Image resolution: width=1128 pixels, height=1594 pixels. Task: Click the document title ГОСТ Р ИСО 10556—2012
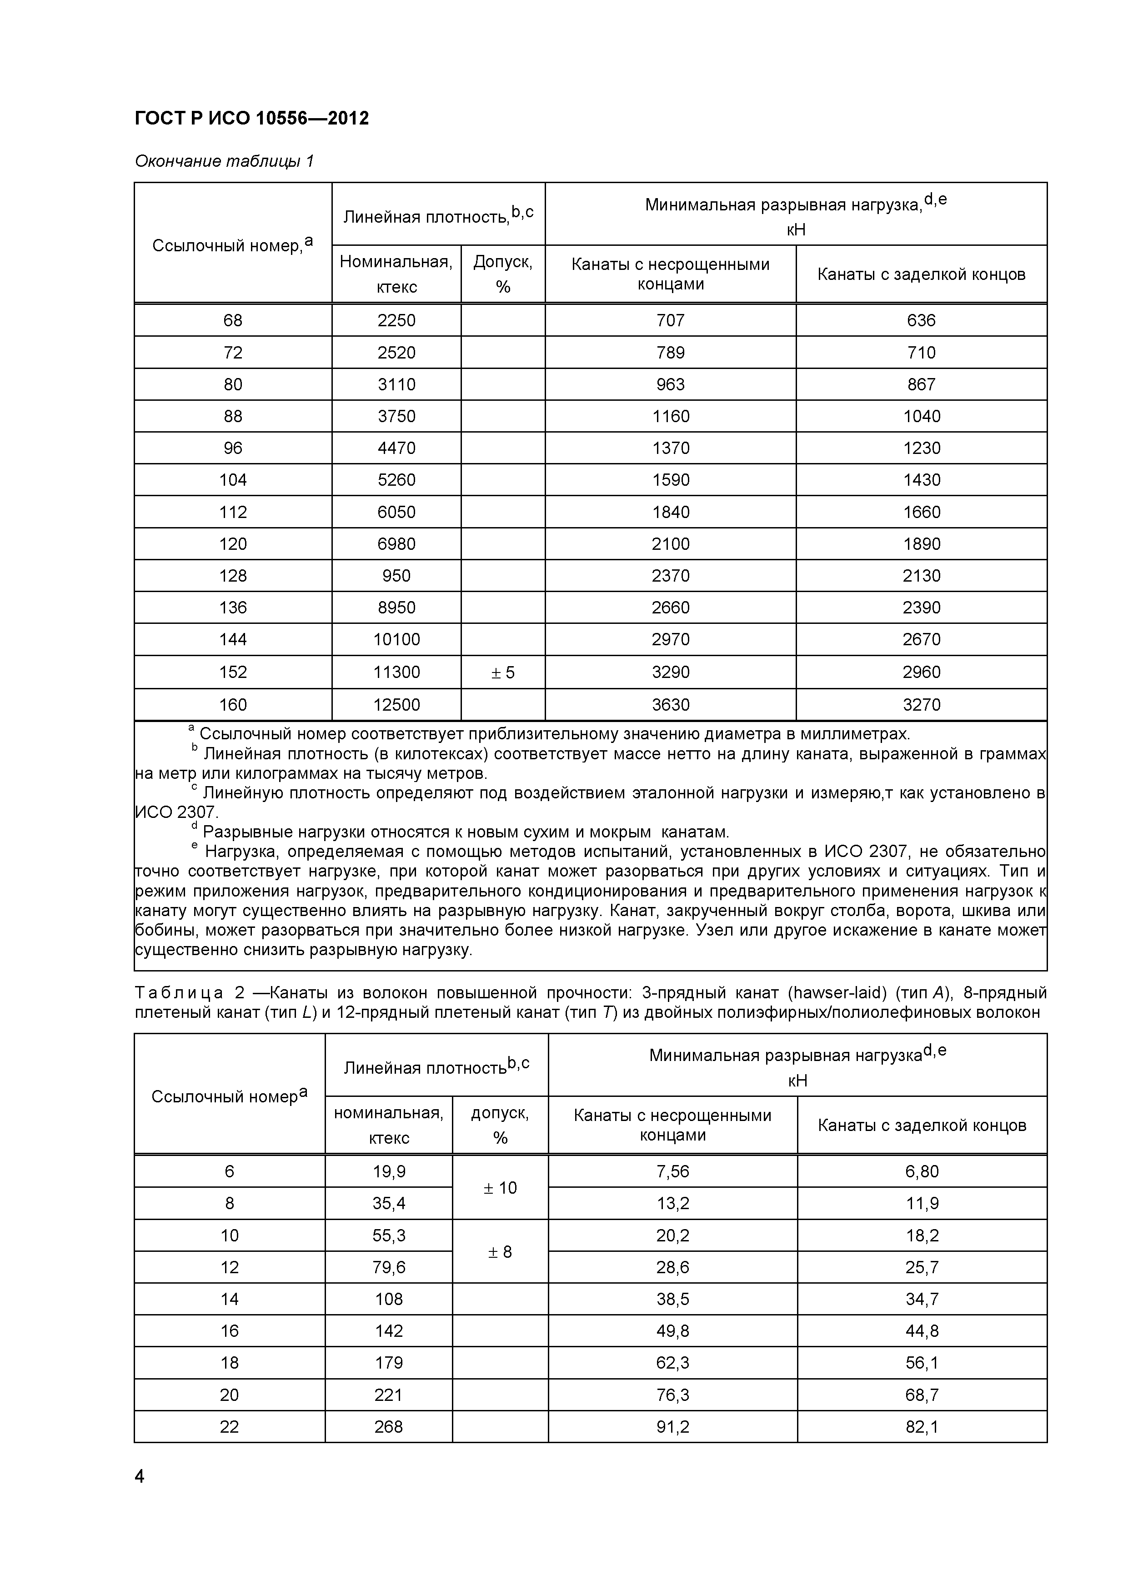click(x=251, y=119)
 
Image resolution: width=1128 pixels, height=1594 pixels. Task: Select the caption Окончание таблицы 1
click(x=224, y=162)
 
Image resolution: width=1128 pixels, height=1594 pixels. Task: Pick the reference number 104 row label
click(x=233, y=480)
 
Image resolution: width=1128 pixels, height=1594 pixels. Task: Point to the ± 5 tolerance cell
click(x=503, y=672)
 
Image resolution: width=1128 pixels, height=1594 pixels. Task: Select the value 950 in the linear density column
click(x=396, y=576)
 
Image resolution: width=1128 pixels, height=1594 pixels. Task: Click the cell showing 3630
click(x=670, y=705)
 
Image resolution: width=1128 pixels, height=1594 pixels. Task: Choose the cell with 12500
click(x=396, y=705)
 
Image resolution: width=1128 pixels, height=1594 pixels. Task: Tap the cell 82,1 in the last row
click(x=922, y=1427)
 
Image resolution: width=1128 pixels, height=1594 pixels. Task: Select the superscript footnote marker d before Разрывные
click(x=195, y=826)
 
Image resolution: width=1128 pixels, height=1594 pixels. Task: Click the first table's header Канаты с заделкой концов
click(x=921, y=274)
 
